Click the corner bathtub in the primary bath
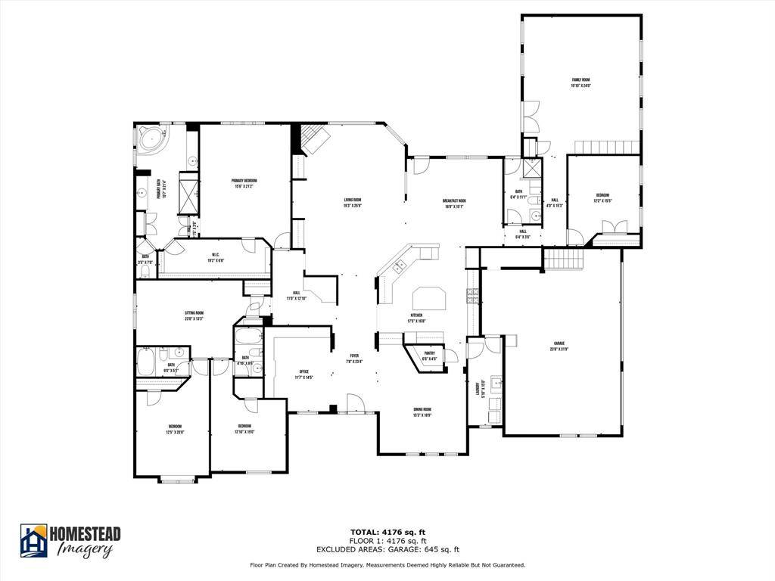(151, 140)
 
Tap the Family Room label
(580, 79)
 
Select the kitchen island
(428, 297)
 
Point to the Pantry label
(428, 353)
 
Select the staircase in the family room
(608, 147)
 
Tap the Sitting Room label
(194, 312)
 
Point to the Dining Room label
(422, 409)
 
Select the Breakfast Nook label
(454, 200)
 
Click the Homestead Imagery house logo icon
(33, 540)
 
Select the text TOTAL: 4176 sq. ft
(387, 532)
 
